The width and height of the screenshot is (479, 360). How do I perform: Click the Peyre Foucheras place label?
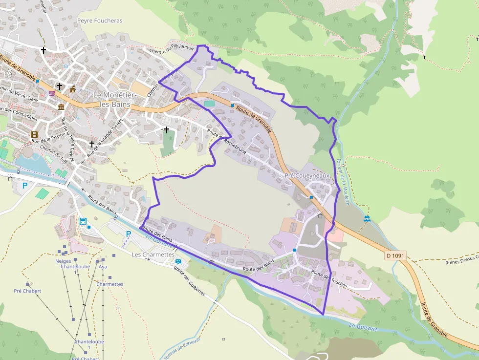100,21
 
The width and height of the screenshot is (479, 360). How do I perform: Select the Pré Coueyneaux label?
308,175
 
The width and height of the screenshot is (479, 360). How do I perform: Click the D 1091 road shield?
395,255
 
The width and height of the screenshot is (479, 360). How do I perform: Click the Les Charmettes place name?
153,254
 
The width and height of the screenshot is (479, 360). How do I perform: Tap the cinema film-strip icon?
34,134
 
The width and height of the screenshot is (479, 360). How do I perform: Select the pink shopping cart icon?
51,93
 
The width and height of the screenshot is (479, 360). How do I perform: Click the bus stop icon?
83,221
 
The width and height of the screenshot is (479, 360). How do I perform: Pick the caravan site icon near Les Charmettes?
179,262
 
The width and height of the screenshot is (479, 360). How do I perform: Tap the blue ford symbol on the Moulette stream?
367,218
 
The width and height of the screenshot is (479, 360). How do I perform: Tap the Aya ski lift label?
103,267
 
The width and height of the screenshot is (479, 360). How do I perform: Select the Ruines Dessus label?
461,260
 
